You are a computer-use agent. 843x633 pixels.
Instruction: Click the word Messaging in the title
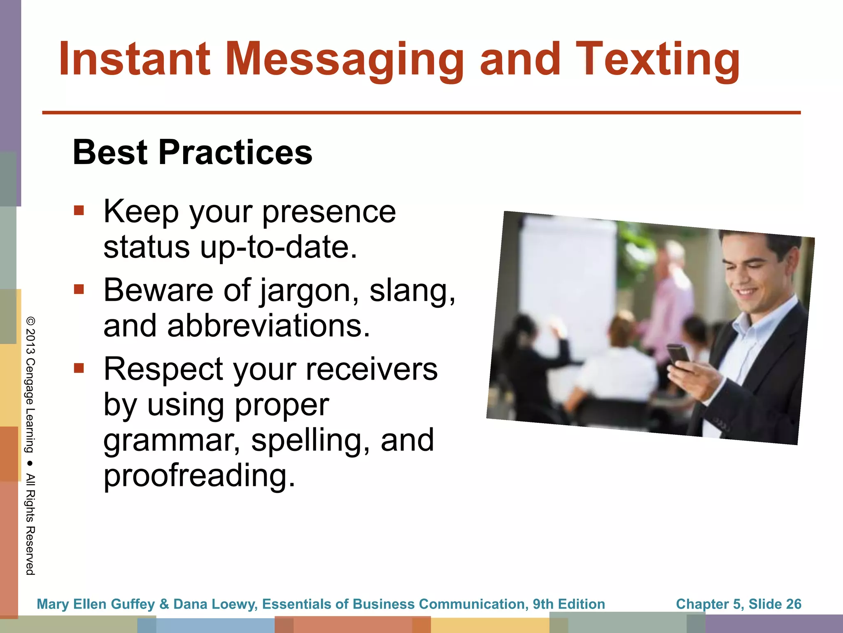[344, 60]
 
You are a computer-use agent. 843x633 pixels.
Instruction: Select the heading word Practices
[235, 152]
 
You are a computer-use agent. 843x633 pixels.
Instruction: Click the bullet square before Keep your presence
[79, 211]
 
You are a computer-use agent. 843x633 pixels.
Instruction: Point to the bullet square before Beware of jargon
[79, 289]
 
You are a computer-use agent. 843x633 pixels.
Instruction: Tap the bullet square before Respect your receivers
[79, 368]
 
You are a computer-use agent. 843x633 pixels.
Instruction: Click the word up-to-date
[279, 247]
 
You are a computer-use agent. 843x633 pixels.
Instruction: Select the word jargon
[310, 291]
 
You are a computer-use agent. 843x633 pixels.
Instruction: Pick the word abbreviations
[268, 326]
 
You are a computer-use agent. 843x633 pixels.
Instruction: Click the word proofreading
[199, 475]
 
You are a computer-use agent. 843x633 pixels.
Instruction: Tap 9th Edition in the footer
[569, 604]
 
